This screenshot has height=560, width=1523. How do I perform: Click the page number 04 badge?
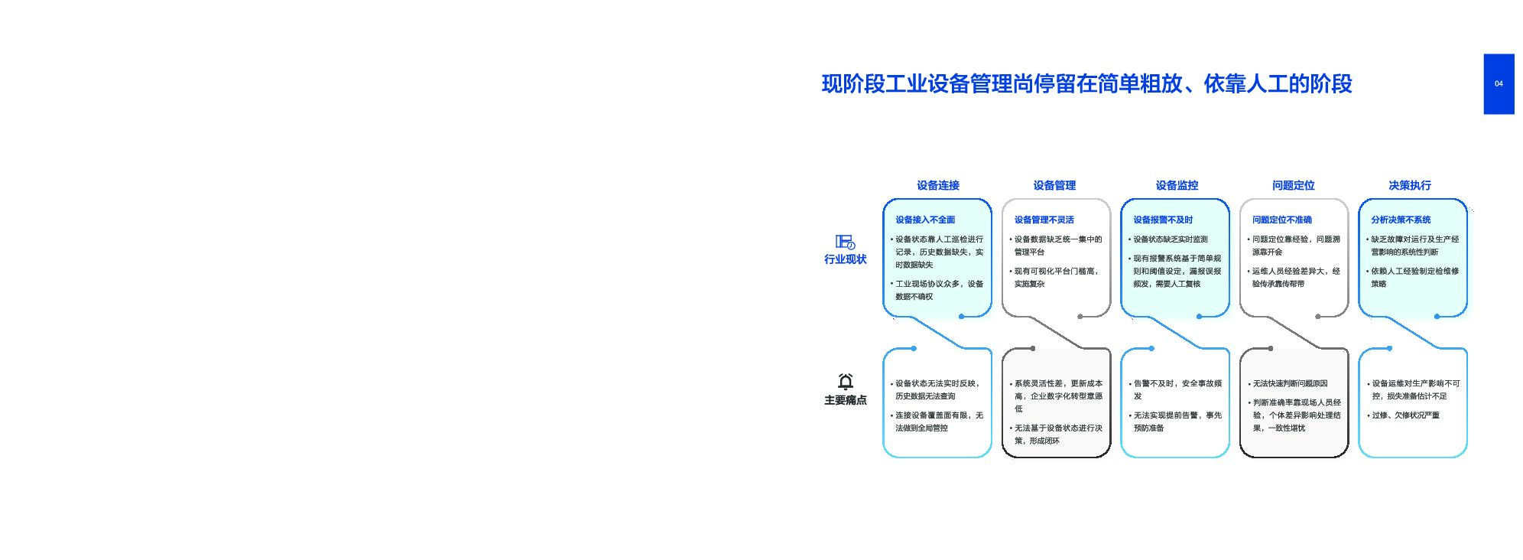tap(1499, 83)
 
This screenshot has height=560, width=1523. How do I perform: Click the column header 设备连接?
tap(937, 185)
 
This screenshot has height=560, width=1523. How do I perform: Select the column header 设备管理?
tap(1054, 185)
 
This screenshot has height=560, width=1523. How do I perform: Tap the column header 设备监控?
tap(1177, 185)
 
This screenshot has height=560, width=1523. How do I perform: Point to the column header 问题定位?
tap(1293, 185)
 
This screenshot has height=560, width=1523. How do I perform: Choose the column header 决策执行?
tap(1409, 185)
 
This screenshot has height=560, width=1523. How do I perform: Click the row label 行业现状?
tap(845, 259)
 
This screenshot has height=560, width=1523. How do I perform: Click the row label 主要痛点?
tap(845, 400)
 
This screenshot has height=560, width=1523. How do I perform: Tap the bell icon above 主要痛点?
tap(845, 381)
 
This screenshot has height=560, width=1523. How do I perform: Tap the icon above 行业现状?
tap(845, 242)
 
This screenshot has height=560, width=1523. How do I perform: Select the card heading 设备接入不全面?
tap(925, 220)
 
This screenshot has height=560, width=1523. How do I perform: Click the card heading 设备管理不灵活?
tap(1044, 220)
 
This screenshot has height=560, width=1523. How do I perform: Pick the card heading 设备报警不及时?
tap(1162, 220)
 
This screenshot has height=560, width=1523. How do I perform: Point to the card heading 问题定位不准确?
tap(1281, 220)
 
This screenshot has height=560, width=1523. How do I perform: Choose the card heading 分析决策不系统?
tap(1401, 220)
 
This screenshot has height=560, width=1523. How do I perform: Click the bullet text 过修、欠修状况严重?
tap(1405, 415)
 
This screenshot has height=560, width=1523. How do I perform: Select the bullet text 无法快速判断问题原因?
tap(1290, 383)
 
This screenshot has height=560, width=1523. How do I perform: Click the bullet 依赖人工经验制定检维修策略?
tap(1414, 277)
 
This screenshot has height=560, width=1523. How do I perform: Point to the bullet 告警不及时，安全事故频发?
tap(1177, 389)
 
